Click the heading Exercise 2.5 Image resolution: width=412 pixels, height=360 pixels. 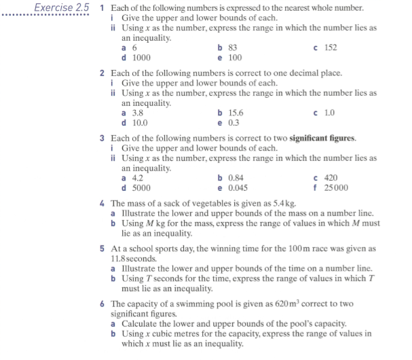pyautogui.click(x=62, y=7)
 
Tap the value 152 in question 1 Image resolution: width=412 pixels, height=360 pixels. pyautogui.click(x=331, y=48)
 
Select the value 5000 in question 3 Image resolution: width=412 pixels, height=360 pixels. pyautogui.click(x=141, y=188)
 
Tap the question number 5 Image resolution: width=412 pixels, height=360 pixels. pyautogui.click(x=102, y=249)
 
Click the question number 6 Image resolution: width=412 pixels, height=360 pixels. pyautogui.click(x=102, y=305)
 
